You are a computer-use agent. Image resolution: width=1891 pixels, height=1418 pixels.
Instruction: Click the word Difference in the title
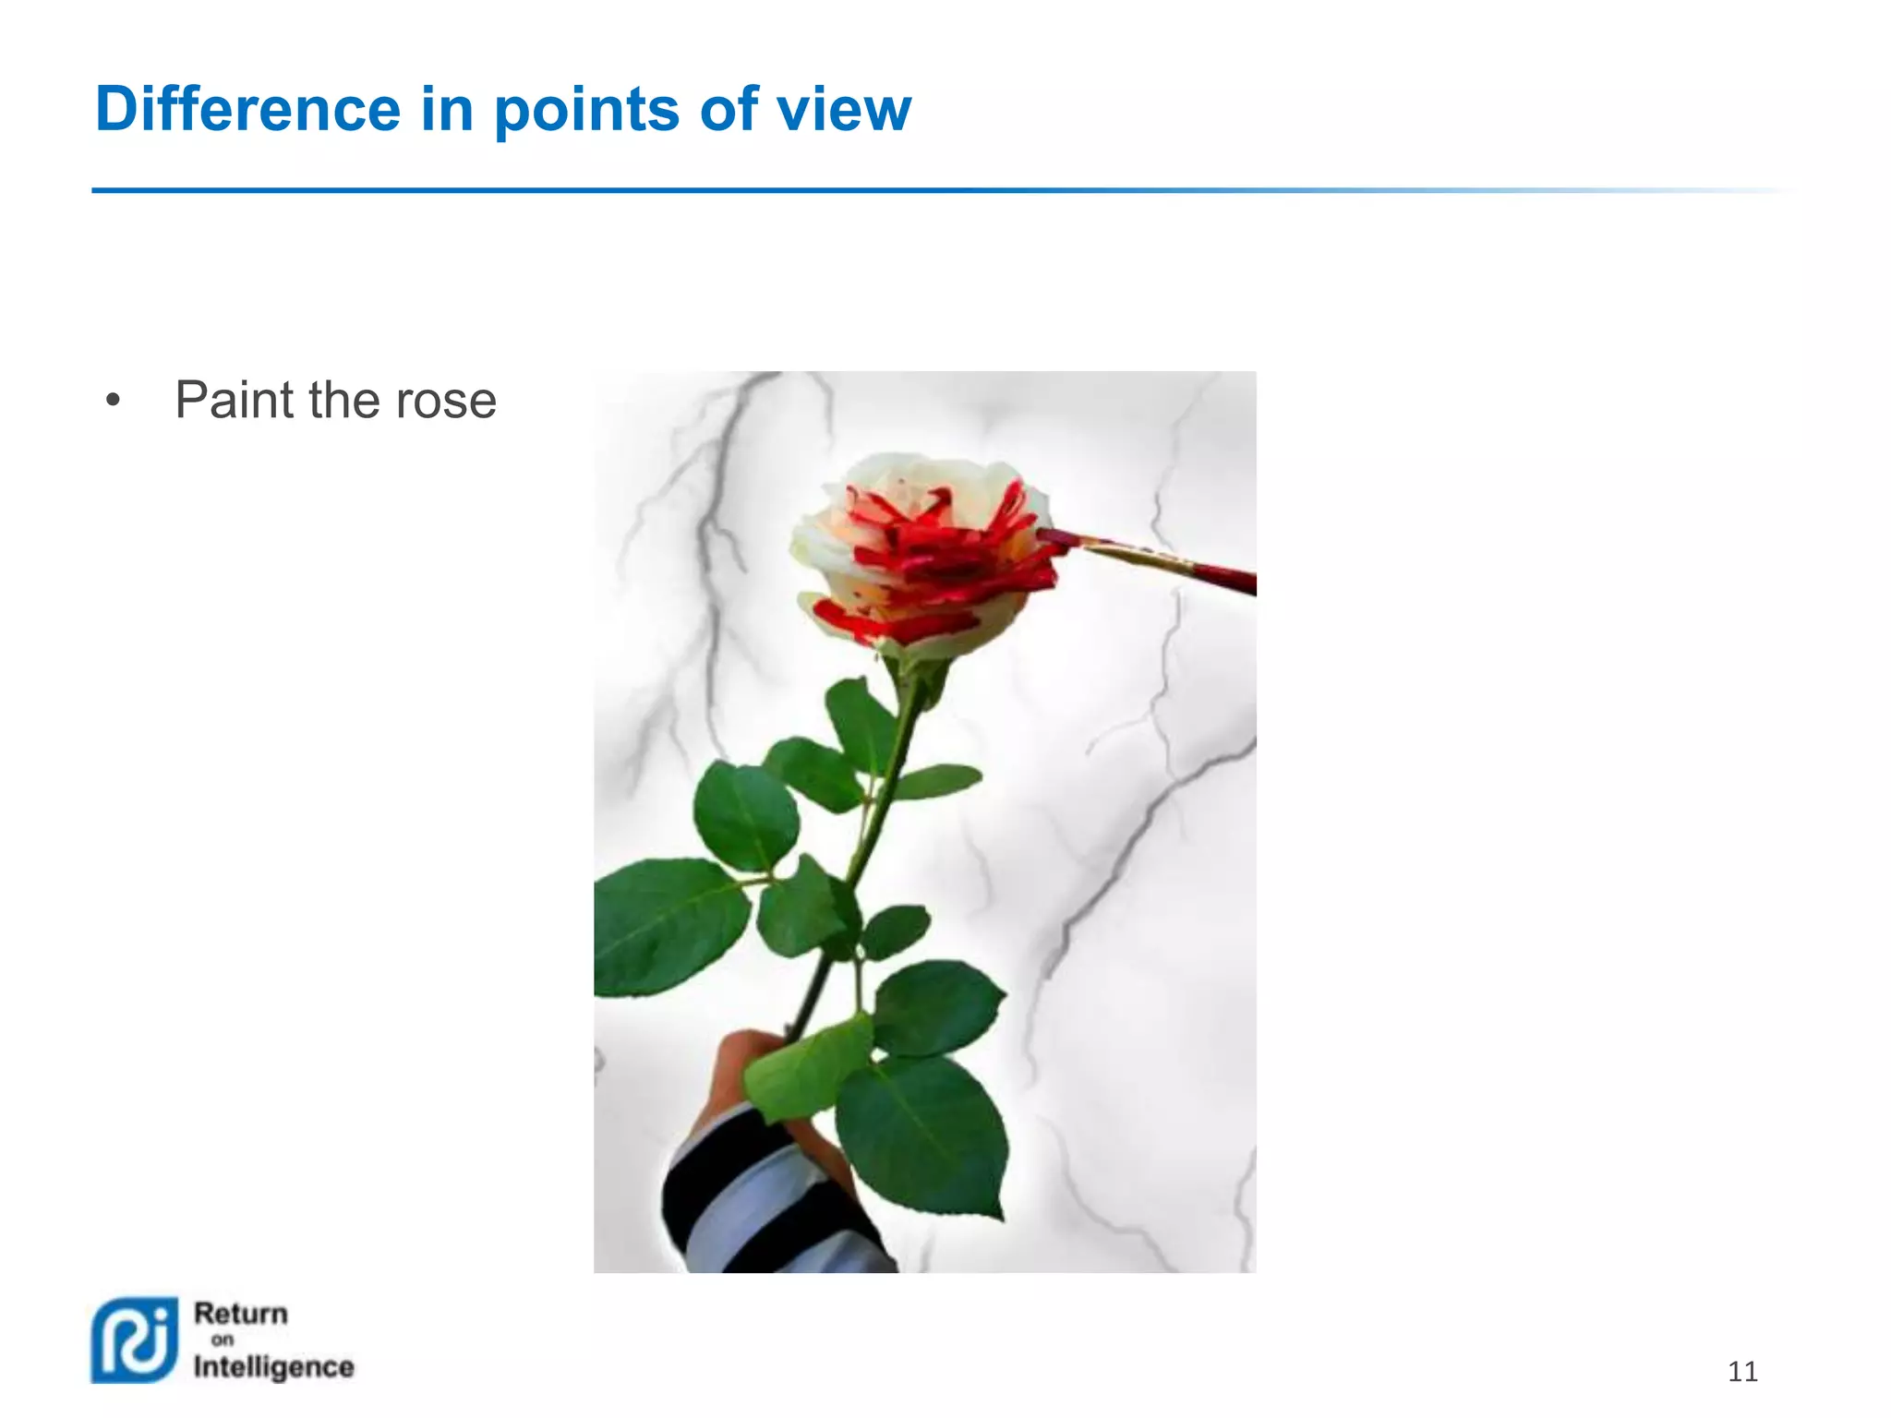click(x=247, y=109)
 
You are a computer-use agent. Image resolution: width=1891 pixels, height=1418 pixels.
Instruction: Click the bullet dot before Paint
click(x=113, y=402)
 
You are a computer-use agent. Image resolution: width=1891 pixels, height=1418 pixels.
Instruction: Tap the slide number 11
click(x=1741, y=1372)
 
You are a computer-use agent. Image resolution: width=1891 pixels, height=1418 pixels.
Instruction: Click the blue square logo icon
click(x=135, y=1340)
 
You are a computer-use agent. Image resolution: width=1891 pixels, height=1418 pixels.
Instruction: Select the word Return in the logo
click(x=240, y=1313)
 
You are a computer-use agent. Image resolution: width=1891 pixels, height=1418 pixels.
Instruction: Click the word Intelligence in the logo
click(x=273, y=1367)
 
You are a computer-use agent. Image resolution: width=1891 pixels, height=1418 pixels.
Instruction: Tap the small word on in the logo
click(x=222, y=1340)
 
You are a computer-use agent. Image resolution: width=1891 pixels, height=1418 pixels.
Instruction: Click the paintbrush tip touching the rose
click(x=1053, y=538)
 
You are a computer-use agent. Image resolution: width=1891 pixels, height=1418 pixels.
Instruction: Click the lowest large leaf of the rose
click(x=923, y=1136)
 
